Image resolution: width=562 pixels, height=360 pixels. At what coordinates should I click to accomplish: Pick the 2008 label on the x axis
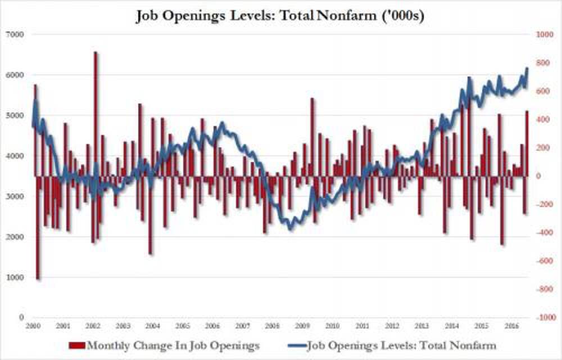click(x=272, y=326)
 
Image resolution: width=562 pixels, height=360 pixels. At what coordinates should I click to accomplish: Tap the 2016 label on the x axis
click(x=511, y=326)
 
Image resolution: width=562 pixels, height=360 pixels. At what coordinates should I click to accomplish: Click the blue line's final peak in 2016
click(x=527, y=69)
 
